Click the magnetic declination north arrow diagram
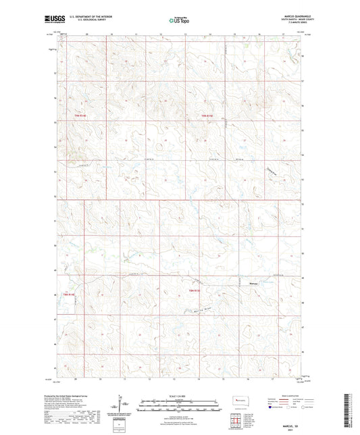click(x=122, y=403)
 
